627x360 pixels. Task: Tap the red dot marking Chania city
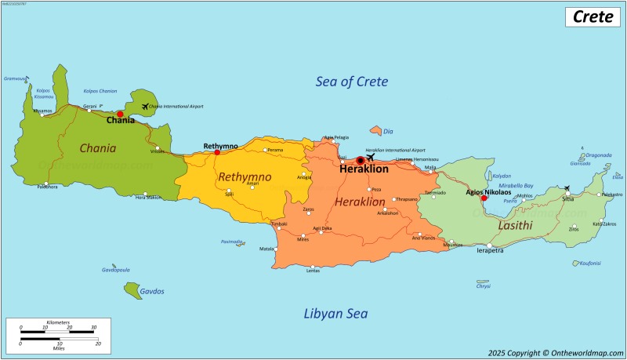120,114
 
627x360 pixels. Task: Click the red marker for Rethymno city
217,152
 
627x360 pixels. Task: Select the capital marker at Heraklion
361,160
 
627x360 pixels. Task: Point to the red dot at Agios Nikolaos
484,198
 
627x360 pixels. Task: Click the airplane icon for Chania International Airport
145,106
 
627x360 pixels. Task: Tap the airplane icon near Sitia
567,188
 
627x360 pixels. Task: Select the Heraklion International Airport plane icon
371,155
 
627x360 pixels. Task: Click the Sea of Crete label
352,82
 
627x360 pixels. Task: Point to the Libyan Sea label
335,314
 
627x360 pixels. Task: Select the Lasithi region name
515,226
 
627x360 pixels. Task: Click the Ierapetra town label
491,251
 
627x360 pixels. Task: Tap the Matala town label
267,249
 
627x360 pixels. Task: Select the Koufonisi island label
589,263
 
